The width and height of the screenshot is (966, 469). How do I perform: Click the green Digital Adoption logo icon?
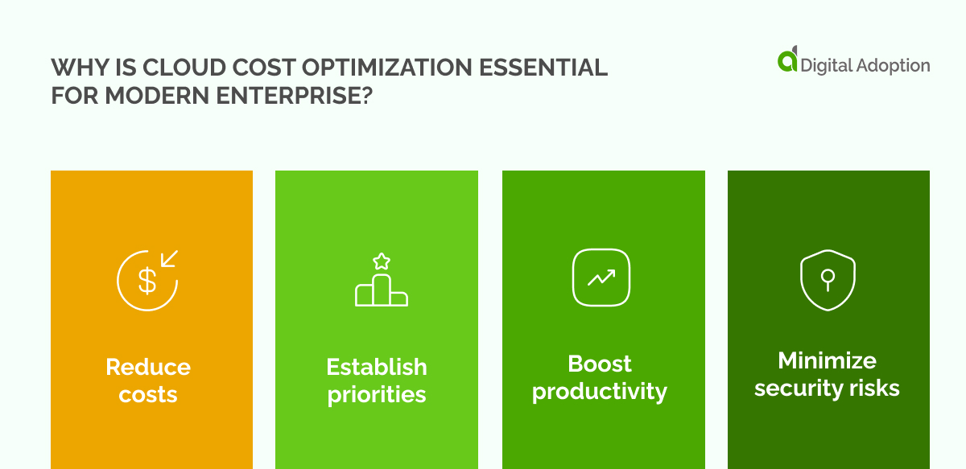[787, 60]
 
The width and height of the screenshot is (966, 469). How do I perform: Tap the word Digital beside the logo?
[826, 65]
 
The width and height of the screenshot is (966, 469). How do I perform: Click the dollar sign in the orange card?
[147, 281]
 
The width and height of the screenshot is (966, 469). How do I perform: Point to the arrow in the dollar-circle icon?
[169, 259]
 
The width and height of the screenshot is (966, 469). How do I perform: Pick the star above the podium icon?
[382, 261]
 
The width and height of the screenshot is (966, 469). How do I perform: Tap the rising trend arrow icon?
[601, 278]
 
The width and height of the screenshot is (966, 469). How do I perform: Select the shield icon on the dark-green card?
[827, 279]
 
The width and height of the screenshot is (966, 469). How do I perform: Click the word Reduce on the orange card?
[148, 367]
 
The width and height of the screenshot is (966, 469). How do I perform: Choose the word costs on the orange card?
[148, 395]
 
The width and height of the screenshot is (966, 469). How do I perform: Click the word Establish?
[377, 367]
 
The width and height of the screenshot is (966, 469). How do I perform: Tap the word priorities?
[377, 395]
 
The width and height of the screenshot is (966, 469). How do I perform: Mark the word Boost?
[600, 364]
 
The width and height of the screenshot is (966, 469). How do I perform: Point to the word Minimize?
[827, 360]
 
